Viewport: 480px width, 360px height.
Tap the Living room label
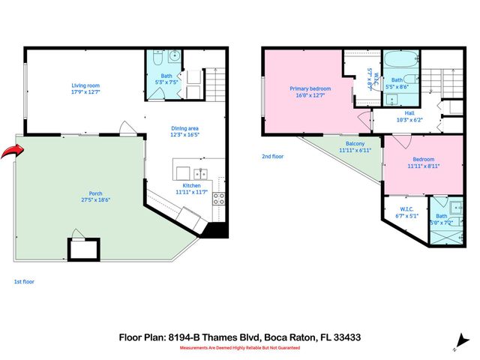click(86, 85)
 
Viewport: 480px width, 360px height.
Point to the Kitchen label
click(192, 186)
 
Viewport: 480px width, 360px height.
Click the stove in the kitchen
click(220, 199)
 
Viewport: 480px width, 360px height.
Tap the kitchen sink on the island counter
click(202, 173)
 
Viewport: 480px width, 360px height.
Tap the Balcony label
click(355, 144)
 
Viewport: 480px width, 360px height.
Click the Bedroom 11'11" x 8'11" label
click(424, 159)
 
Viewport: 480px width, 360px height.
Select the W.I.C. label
click(406, 209)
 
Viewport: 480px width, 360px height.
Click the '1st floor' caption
click(24, 282)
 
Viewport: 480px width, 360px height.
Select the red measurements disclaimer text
click(239, 348)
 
